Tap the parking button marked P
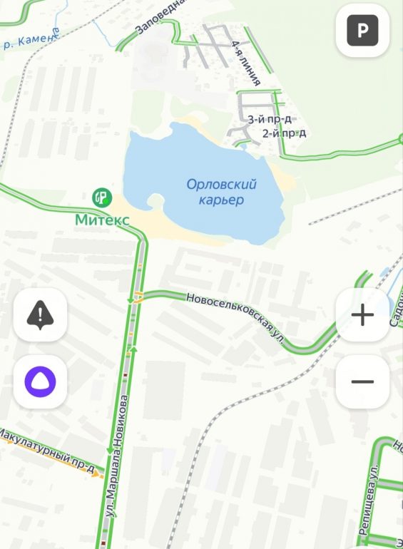click(362, 30)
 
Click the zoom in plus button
click(362, 315)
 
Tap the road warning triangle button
click(41, 314)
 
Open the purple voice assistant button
click(41, 381)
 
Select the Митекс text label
click(103, 220)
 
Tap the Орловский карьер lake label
click(221, 193)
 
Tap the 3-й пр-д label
click(270, 119)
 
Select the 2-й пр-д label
click(284, 133)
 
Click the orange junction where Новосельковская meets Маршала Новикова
click(138, 297)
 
